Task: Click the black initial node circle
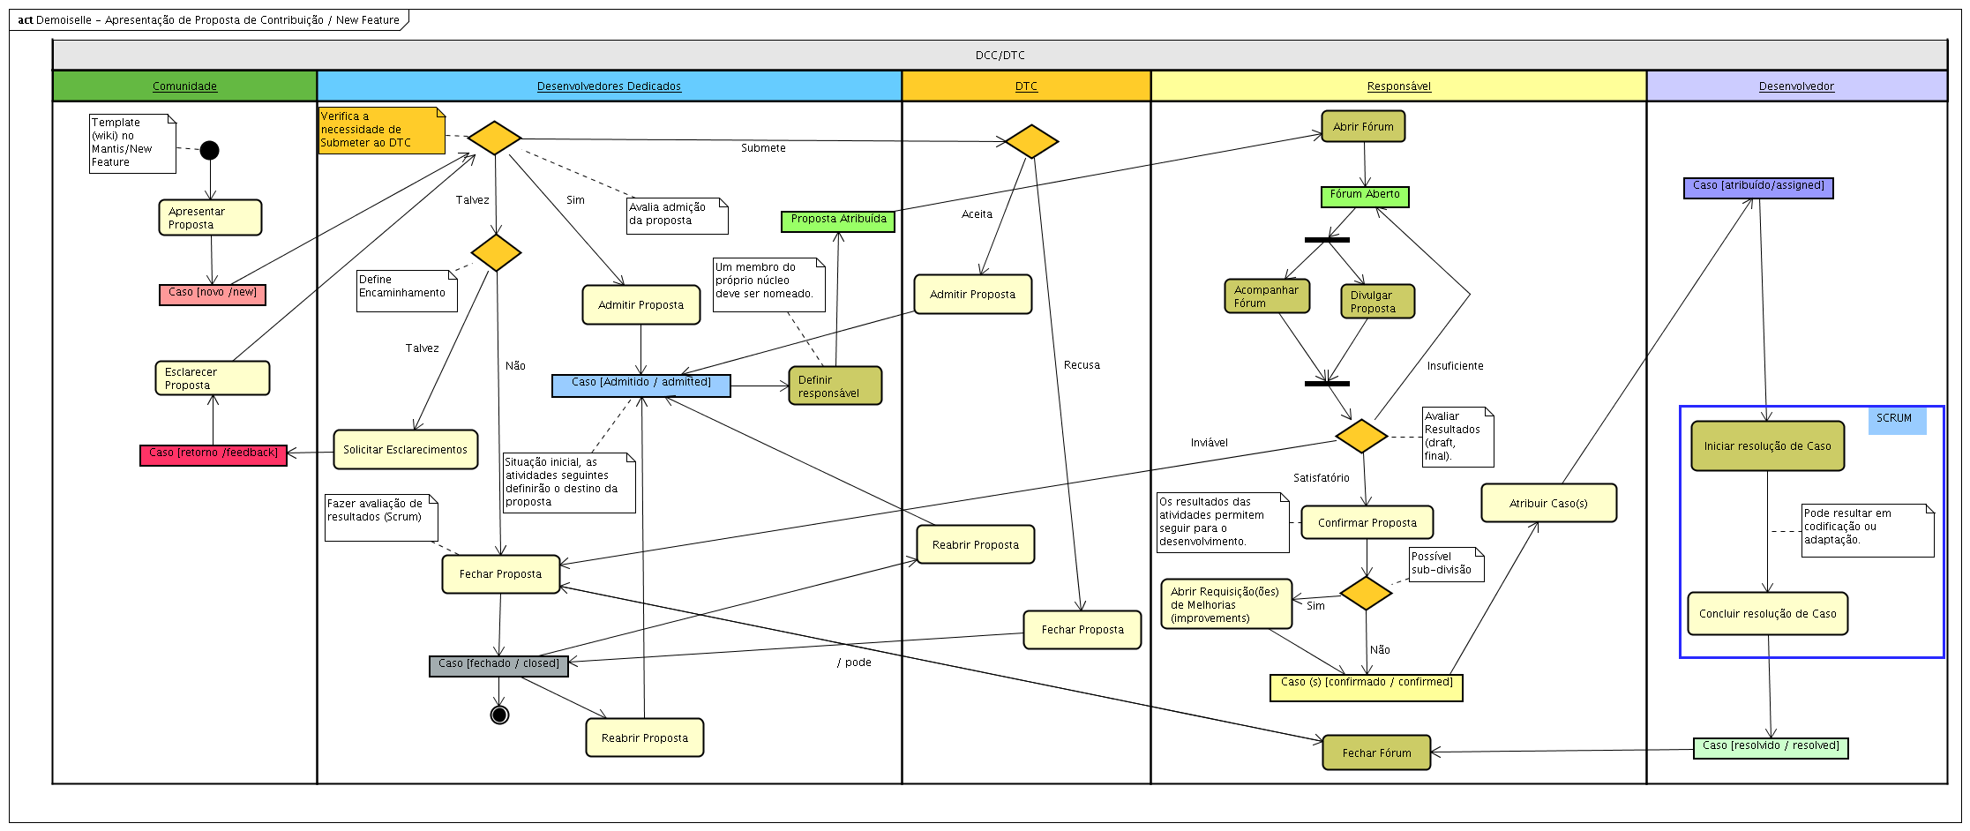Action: coord(209,150)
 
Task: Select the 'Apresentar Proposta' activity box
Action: coord(210,218)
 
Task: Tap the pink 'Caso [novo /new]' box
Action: coord(213,294)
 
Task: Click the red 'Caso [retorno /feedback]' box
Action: coord(213,454)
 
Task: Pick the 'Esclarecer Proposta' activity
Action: coord(213,378)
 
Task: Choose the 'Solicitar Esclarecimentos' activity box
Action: coord(405,450)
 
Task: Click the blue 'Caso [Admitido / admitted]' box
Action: coord(641,386)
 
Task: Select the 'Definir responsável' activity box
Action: coord(835,386)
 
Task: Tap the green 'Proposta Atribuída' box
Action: coord(838,221)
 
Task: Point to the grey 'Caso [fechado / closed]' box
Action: coord(498,666)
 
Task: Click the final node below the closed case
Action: coord(499,715)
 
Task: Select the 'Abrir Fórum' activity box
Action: coord(1363,127)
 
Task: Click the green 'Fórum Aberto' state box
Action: coord(1365,196)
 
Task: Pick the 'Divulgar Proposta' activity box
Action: coord(1376,302)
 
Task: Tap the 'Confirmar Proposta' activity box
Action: coord(1367,522)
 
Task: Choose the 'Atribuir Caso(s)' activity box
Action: coord(1548,504)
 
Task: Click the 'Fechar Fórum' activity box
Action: coord(1376,752)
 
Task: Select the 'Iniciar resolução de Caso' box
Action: coord(1767,446)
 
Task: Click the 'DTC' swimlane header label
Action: coord(1026,86)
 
